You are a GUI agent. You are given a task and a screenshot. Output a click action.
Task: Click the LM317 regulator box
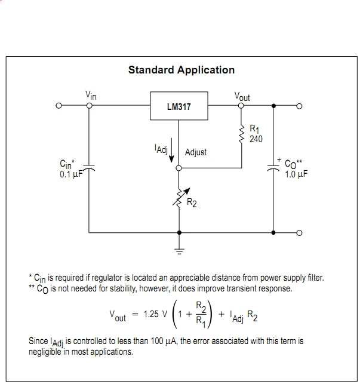click(179, 107)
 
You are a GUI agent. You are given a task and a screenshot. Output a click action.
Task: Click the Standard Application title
click(181, 70)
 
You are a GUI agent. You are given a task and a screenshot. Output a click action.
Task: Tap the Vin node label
click(91, 95)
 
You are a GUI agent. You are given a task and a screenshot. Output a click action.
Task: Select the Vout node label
click(242, 96)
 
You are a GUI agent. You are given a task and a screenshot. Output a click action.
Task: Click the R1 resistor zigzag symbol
click(242, 135)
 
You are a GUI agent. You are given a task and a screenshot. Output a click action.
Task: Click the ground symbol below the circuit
click(180, 250)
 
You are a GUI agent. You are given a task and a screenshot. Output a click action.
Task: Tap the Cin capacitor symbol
click(89, 170)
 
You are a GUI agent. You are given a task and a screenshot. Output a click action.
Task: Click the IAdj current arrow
click(172, 152)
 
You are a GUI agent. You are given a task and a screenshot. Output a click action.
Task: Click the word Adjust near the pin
click(196, 152)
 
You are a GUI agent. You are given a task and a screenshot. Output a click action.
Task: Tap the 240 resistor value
click(256, 139)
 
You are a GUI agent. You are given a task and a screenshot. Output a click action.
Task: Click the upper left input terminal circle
click(59, 106)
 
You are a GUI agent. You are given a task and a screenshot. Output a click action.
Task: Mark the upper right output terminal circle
click(299, 106)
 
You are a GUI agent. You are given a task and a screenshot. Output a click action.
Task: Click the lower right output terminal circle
click(299, 233)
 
